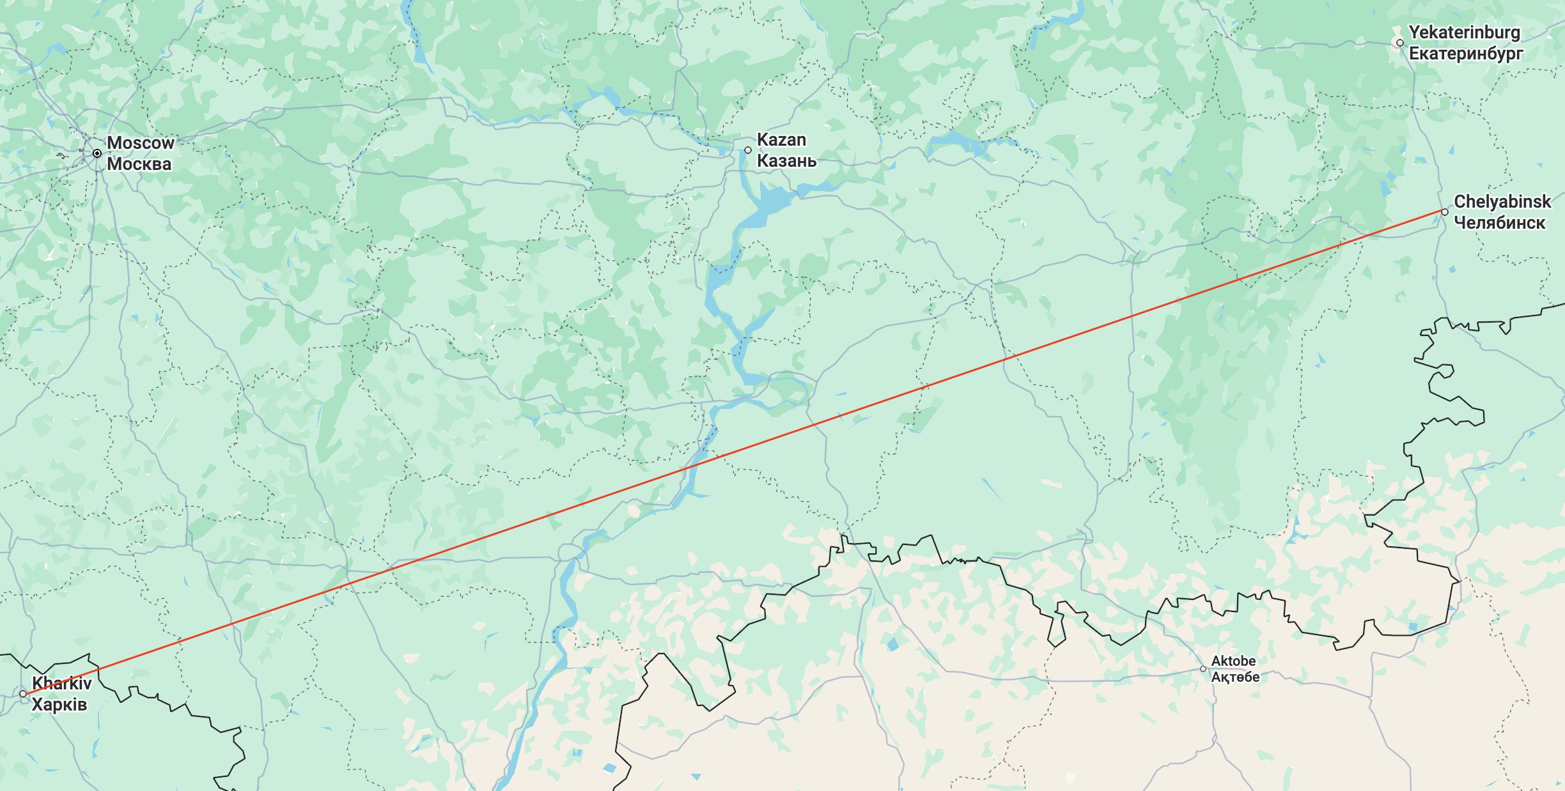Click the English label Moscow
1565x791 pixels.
pyautogui.click(x=140, y=143)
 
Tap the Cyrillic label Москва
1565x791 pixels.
pyautogui.click(x=139, y=164)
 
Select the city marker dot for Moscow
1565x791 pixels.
pyautogui.click(x=97, y=153)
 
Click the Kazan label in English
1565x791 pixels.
pyautogui.click(x=781, y=140)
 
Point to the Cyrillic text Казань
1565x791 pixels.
pyautogui.click(x=786, y=161)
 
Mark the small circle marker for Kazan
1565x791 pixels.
pyautogui.click(x=748, y=150)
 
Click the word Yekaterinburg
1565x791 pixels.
pyautogui.click(x=1465, y=33)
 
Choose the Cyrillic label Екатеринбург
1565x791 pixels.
pyautogui.click(x=1466, y=54)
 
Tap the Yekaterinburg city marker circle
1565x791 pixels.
pyautogui.click(x=1400, y=43)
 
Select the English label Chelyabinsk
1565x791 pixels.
pyautogui.click(x=1502, y=202)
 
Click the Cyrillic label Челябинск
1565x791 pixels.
pyautogui.click(x=1499, y=223)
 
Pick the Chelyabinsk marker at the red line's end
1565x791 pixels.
pyautogui.click(x=1445, y=212)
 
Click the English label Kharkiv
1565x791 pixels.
pyautogui.click(x=62, y=684)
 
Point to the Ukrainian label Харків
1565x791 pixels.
pyautogui.click(x=59, y=705)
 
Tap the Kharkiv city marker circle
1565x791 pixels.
pyautogui.click(x=23, y=694)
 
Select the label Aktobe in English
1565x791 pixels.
pyautogui.click(x=1233, y=661)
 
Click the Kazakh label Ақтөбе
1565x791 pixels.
pyautogui.click(x=1235, y=677)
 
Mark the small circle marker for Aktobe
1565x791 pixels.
pyautogui.click(x=1203, y=669)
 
